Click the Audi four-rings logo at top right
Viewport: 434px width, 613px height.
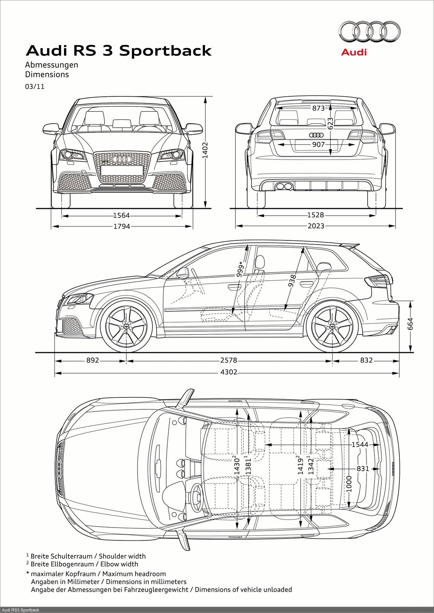(369, 32)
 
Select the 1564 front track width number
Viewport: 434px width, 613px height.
(121, 216)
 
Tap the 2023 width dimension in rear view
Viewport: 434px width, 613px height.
(315, 226)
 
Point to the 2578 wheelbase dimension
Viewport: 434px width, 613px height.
(229, 360)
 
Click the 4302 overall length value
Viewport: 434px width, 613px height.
(229, 372)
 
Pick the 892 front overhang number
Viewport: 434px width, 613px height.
(93, 360)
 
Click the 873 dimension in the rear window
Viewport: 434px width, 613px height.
(318, 108)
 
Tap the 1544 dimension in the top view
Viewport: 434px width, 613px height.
(360, 444)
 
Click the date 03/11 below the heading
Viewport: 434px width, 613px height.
(35, 87)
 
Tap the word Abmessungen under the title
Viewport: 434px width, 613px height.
(52, 65)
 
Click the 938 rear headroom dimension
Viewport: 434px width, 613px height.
(292, 281)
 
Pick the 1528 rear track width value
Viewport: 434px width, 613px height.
(315, 215)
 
